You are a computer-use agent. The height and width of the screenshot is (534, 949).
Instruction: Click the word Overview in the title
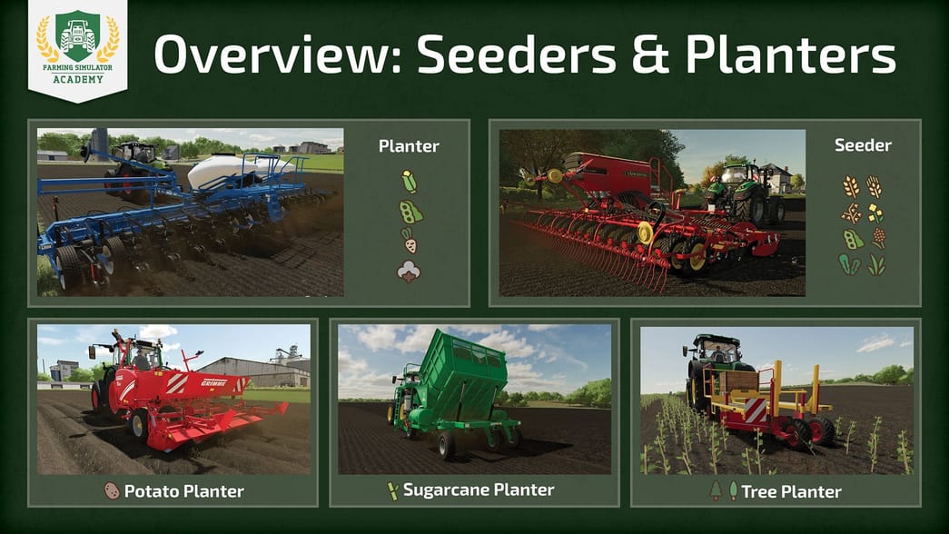(274, 56)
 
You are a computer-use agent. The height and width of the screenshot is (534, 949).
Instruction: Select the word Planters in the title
(790, 57)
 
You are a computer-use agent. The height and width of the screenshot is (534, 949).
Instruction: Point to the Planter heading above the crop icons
(409, 146)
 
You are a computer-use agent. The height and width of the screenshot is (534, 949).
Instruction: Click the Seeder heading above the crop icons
(863, 145)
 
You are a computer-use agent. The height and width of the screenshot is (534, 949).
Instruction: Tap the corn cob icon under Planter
(409, 182)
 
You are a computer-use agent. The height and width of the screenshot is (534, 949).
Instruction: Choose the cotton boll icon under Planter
(409, 271)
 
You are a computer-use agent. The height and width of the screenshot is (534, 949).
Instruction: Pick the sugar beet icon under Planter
(409, 242)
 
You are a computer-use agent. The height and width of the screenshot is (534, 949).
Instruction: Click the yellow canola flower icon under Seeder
(875, 213)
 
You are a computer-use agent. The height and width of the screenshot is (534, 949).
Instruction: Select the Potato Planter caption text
(184, 491)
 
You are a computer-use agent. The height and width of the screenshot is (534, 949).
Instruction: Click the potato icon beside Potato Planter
(112, 491)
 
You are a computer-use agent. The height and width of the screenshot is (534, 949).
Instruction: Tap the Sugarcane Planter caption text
(479, 490)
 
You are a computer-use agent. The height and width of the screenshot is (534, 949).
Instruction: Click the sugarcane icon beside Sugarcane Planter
(393, 491)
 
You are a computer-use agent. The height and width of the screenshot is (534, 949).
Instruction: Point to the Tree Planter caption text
(791, 491)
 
